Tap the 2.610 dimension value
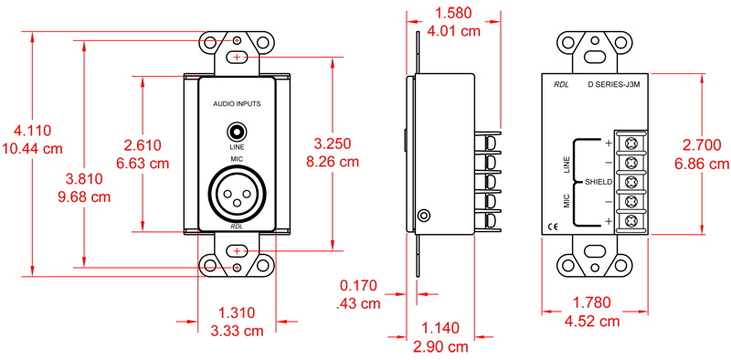point(142,145)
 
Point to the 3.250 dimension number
point(333,144)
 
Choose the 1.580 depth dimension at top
point(455,14)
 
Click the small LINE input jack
point(237,132)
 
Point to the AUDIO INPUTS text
point(237,104)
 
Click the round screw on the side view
point(423,216)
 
